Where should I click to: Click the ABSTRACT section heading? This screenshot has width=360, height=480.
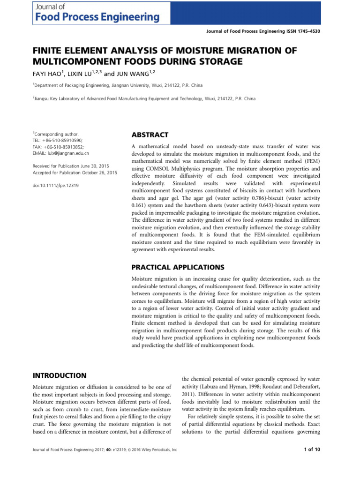(x=150, y=135)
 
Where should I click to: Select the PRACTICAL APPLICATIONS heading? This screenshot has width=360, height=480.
(x=178, y=267)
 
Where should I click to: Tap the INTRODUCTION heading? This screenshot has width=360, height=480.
(x=59, y=375)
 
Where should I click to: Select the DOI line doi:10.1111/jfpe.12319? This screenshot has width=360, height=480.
(x=55, y=186)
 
